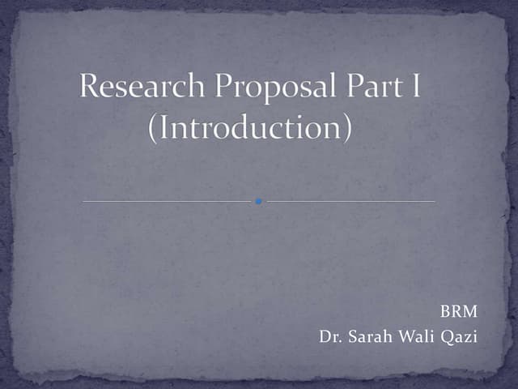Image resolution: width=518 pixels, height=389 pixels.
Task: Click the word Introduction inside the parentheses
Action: click(x=249, y=128)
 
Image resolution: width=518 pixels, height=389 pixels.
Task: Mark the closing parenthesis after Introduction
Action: click(x=346, y=130)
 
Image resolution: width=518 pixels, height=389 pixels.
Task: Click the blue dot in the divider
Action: click(x=258, y=200)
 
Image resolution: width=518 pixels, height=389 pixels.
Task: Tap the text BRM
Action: click(x=458, y=312)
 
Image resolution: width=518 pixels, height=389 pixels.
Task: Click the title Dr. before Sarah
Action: click(x=331, y=336)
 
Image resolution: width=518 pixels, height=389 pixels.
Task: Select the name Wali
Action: click(x=417, y=336)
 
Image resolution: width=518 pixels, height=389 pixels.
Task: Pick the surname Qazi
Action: click(x=459, y=336)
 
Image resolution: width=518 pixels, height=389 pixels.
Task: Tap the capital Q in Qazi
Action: click(x=447, y=336)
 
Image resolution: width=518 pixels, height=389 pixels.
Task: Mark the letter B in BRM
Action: click(x=444, y=312)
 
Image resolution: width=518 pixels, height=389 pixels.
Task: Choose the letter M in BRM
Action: click(x=470, y=312)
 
